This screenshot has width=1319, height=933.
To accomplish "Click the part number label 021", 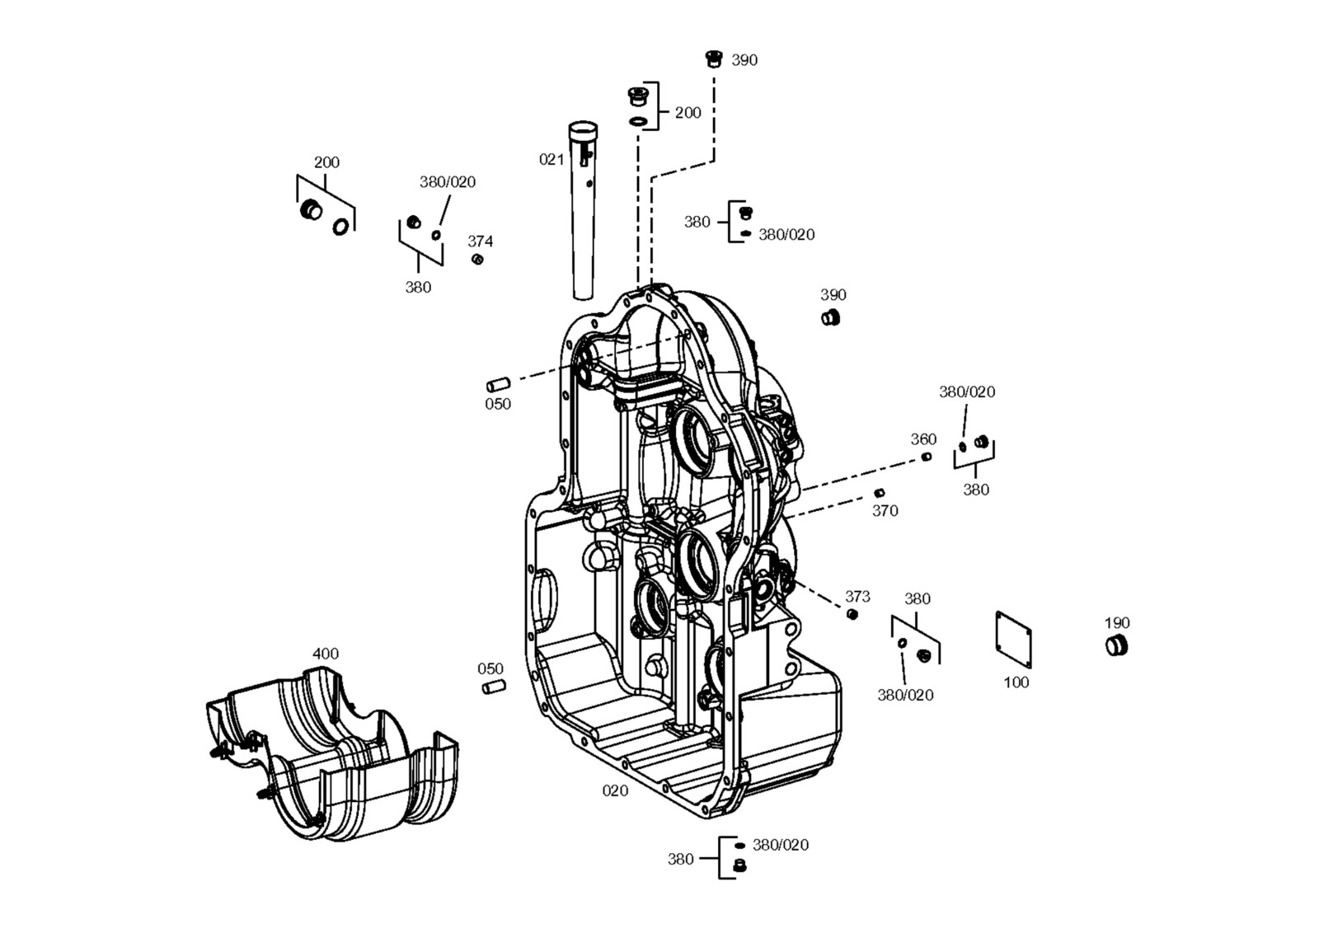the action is pos(552,160).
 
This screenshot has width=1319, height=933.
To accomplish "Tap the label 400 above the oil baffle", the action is pos(325,654).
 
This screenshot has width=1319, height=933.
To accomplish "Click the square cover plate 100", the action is pos(1013,640).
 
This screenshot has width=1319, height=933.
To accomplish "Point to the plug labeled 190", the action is pos(1116,645).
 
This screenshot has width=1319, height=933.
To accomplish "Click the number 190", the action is pos(1117,623).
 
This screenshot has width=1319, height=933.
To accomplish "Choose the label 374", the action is pos(481,241).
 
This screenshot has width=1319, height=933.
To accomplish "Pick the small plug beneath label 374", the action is pos(477,259).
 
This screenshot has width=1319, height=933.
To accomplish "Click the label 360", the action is pos(923,439).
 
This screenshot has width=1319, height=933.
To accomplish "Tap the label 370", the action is pos(885,511).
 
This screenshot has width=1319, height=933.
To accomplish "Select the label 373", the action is pos(857,596).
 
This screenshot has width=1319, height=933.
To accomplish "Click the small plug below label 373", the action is pos(852,615).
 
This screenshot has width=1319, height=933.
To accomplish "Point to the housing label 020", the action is pos(615,790).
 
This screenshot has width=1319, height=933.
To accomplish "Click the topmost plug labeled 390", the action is pos(714,59).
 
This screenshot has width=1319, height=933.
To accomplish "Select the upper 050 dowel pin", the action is pos(498,385).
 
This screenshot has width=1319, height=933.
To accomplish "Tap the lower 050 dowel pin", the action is pos(494,687).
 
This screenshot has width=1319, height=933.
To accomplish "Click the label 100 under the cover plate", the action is pos(1016,682).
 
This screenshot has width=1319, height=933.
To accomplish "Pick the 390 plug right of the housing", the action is pos(830,318).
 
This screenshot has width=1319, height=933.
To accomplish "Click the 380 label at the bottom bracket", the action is pos(680,860).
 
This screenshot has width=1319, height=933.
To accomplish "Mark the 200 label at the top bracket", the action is pos(688,112).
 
